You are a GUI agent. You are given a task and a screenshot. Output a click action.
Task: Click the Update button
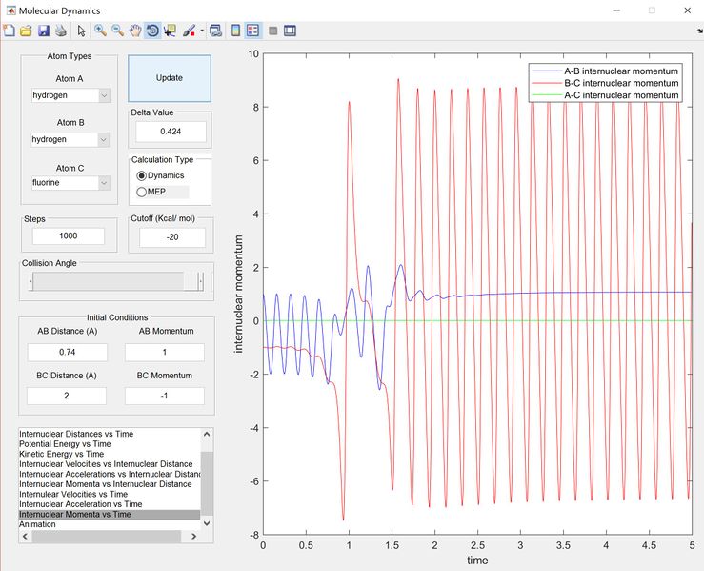(x=170, y=78)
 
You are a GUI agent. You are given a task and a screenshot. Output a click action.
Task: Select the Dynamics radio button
(x=141, y=175)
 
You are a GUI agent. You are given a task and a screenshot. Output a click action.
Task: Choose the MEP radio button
(x=141, y=192)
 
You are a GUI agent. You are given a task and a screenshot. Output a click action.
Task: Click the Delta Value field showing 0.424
(x=171, y=132)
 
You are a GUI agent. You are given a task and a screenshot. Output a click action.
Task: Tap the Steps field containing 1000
(x=69, y=235)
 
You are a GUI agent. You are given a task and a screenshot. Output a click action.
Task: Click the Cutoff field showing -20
(x=172, y=237)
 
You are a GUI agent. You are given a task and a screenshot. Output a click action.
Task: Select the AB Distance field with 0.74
(x=68, y=352)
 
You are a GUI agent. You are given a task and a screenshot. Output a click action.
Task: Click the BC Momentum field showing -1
(x=164, y=396)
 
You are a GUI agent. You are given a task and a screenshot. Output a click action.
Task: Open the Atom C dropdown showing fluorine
(x=70, y=183)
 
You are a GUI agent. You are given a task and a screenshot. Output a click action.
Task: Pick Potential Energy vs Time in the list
(x=65, y=444)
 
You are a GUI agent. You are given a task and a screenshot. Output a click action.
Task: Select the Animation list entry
(x=37, y=524)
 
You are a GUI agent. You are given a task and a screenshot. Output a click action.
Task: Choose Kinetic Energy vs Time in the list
(x=62, y=454)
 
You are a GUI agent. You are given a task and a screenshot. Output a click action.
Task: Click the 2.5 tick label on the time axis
(x=477, y=545)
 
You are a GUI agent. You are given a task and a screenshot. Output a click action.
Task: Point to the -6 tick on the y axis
(x=254, y=481)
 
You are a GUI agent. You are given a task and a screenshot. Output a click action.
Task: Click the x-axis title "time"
(x=477, y=561)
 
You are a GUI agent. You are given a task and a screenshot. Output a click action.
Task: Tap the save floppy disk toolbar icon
(x=44, y=31)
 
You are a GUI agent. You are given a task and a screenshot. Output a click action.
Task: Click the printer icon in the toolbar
(x=61, y=31)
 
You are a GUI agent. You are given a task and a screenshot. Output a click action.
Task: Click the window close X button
(x=688, y=10)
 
